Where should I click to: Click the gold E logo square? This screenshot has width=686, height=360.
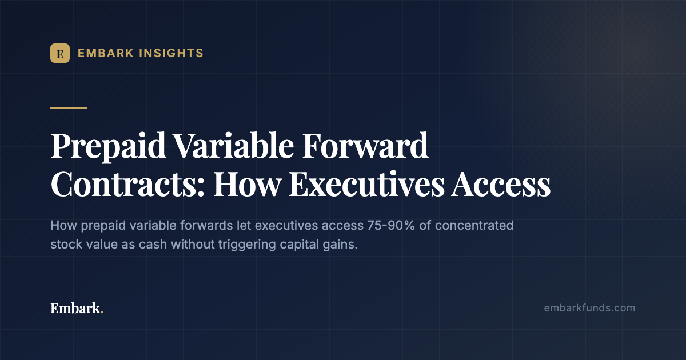click(x=60, y=53)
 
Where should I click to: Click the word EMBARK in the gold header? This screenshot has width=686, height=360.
click(x=106, y=53)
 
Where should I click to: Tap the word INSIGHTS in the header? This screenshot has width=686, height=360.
click(x=171, y=53)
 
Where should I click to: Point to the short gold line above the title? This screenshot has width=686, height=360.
click(x=69, y=108)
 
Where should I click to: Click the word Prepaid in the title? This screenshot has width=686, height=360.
click(x=108, y=146)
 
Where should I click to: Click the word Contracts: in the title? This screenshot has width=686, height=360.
click(x=127, y=184)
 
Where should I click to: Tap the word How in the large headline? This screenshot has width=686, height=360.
click(x=248, y=184)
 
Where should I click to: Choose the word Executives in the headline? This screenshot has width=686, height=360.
click(x=366, y=184)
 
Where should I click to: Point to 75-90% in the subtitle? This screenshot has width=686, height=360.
click(x=391, y=226)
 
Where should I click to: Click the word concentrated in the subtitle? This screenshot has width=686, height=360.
click(x=474, y=226)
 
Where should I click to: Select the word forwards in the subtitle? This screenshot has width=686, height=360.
click(x=206, y=226)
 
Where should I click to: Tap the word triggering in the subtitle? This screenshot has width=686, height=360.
click(x=247, y=245)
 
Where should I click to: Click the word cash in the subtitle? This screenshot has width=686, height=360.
click(x=153, y=245)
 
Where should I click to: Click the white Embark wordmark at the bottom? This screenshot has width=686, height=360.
click(x=75, y=308)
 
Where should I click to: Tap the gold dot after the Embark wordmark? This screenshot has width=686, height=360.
click(x=102, y=312)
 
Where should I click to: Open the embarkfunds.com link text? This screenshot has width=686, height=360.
click(x=589, y=308)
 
